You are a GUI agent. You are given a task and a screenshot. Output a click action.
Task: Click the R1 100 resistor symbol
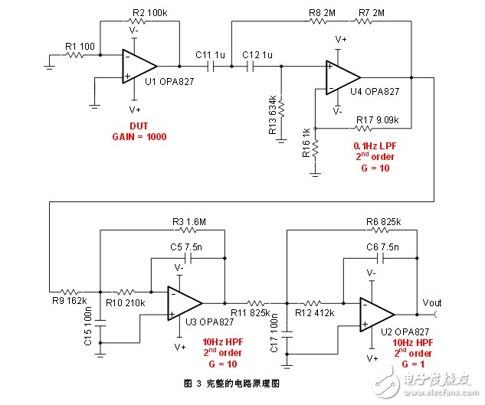(x=74, y=55)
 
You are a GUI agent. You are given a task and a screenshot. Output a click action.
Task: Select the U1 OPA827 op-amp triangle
(x=139, y=66)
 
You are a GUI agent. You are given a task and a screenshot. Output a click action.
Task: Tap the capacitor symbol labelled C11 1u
(x=211, y=66)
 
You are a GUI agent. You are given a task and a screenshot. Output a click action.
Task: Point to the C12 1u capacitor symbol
(x=251, y=66)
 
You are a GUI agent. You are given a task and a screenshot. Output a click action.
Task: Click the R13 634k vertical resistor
(x=281, y=108)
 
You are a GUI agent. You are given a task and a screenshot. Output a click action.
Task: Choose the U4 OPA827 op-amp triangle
(x=343, y=77)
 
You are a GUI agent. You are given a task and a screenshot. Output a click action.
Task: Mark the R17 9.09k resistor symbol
(x=363, y=128)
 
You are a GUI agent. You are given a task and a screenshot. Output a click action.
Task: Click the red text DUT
(x=139, y=126)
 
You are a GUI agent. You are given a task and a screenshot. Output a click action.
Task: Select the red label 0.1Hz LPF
(x=375, y=146)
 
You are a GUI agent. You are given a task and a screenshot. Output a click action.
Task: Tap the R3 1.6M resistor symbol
(x=187, y=230)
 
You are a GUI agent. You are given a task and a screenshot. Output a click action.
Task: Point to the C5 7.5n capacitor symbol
(x=188, y=258)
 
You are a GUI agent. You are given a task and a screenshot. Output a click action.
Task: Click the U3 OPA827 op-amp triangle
(x=185, y=303)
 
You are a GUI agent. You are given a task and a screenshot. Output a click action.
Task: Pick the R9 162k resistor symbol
(x=69, y=292)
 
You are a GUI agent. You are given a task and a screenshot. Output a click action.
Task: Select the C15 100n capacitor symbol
(x=100, y=323)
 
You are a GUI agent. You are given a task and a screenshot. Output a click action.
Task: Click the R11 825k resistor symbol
(x=256, y=303)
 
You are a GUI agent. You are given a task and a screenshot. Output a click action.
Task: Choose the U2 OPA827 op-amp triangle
(x=378, y=315)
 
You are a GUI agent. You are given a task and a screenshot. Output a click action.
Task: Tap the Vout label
(x=432, y=303)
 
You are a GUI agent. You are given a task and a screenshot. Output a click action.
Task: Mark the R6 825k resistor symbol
(x=380, y=230)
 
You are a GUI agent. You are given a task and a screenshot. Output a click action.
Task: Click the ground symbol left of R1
(x=50, y=67)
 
